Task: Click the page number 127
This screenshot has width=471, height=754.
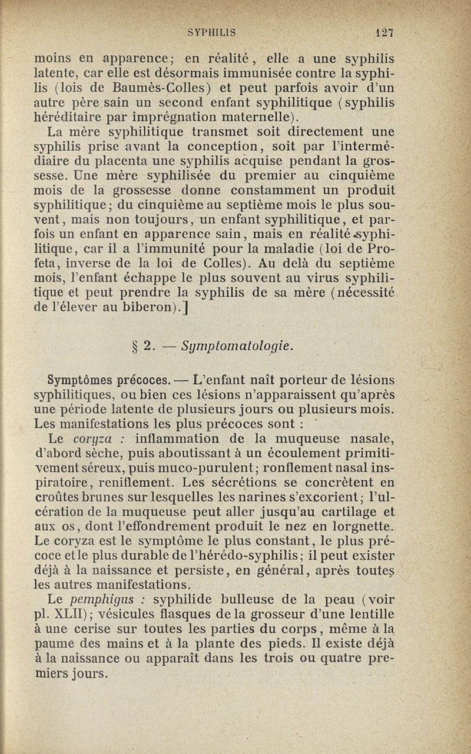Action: coord(386,34)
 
